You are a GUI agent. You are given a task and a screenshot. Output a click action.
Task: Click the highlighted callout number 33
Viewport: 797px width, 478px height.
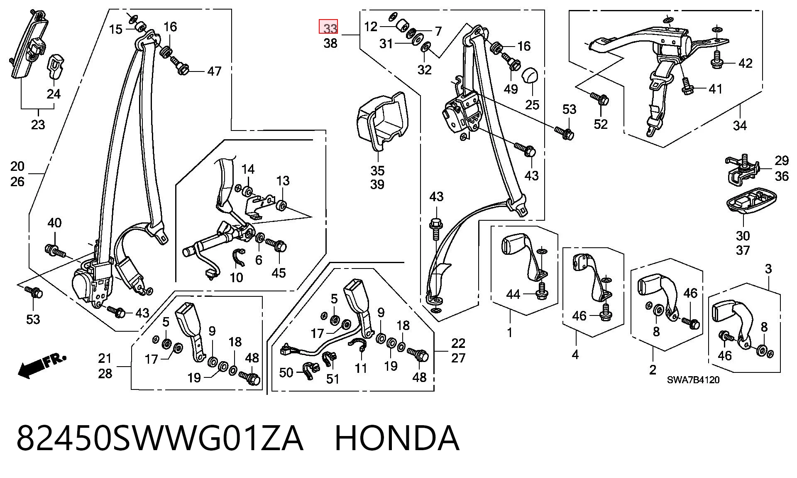328,28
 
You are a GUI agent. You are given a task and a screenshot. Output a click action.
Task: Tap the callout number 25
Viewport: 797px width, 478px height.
532,104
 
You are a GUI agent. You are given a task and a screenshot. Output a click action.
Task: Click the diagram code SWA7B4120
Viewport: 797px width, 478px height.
693,380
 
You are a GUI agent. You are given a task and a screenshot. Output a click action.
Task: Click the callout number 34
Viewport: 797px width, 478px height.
740,125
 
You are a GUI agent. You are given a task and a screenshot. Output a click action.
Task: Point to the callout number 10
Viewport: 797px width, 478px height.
236,277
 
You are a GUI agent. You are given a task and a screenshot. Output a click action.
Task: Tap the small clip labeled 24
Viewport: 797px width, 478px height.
56,65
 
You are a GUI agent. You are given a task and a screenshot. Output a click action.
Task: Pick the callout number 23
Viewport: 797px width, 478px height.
38,125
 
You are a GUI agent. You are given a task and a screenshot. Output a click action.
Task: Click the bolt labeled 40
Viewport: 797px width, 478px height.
54,250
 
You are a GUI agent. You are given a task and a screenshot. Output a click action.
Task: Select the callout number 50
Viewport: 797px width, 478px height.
286,372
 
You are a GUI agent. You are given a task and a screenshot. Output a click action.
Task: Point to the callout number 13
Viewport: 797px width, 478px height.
283,181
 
